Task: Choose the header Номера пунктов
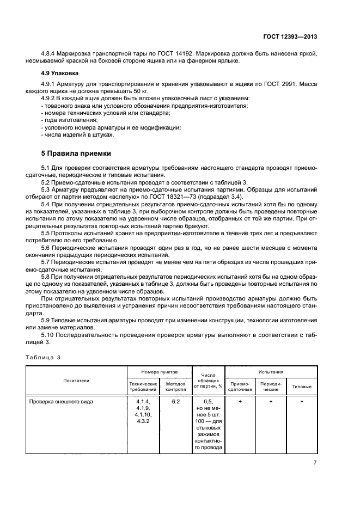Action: pos(159,371)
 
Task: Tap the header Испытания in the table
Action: pos(270,371)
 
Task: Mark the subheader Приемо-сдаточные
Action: pos(240,387)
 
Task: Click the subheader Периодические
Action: pos(271,387)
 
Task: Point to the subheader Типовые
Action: pos(302,387)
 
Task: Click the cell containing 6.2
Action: pos(175,401)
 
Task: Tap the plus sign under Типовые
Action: pos(302,401)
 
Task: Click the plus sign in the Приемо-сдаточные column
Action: pos(240,401)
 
